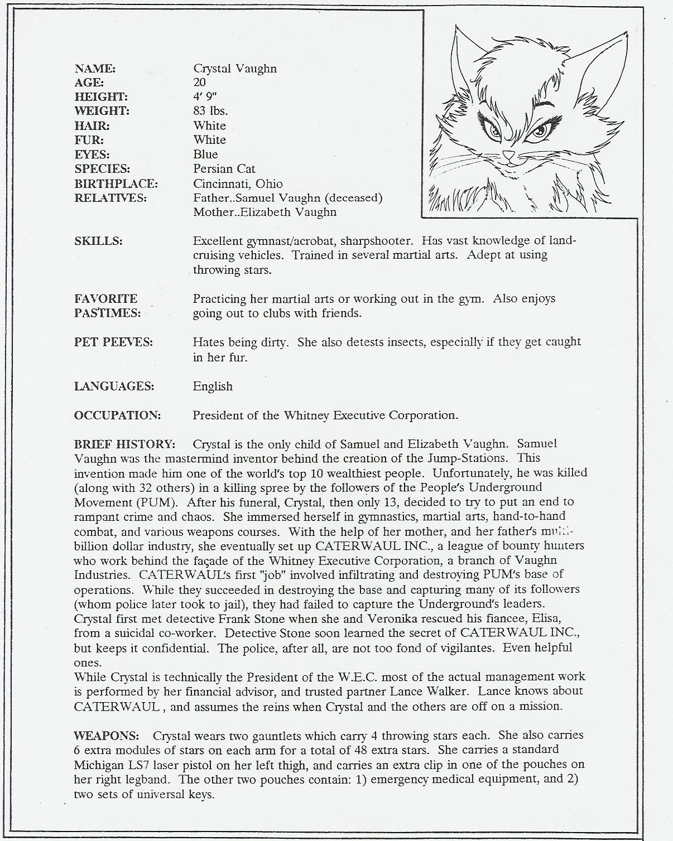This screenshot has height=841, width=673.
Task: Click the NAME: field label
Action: [x=95, y=69]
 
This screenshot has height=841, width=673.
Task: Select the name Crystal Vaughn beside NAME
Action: [x=235, y=69]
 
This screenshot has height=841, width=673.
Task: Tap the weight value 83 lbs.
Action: [x=210, y=111]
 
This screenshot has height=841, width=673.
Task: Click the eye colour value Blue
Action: [x=205, y=154]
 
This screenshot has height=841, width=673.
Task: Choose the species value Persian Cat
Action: [x=224, y=169]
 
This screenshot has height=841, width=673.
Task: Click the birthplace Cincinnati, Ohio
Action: [x=238, y=183]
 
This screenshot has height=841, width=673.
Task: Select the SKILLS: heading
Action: [x=99, y=241]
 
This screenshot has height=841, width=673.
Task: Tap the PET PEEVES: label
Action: [x=113, y=342]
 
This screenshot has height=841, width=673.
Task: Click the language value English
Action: [x=213, y=386]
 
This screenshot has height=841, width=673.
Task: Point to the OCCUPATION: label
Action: [x=117, y=415]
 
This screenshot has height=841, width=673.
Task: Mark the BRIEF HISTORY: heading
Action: [x=125, y=444]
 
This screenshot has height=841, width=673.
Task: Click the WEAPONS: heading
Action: [x=106, y=736]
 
